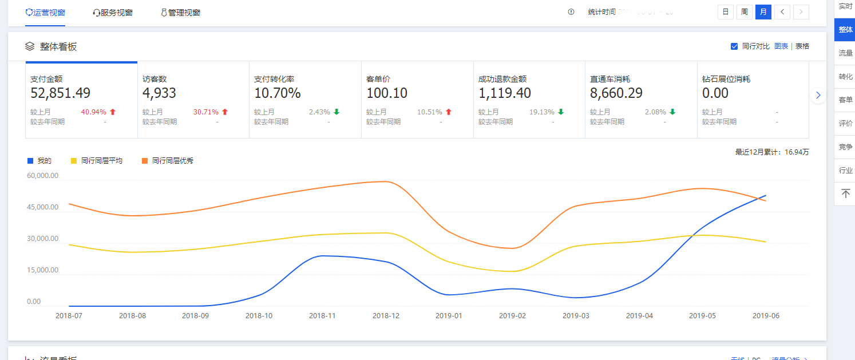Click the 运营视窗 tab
pyautogui.click(x=45, y=12)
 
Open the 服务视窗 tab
pyautogui.click(x=113, y=12)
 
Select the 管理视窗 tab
pyautogui.click(x=181, y=12)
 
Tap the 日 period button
pyautogui.click(x=725, y=11)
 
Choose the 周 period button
pyautogui.click(x=744, y=11)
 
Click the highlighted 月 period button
pyautogui.click(x=763, y=11)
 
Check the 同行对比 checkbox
pyautogui.click(x=734, y=46)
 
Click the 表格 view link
pyautogui.click(x=802, y=46)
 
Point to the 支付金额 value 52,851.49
pyautogui.click(x=60, y=93)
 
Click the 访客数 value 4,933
pyautogui.click(x=159, y=93)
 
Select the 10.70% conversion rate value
pyautogui.click(x=277, y=93)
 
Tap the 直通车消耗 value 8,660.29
pyautogui.click(x=616, y=93)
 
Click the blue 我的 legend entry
pyautogui.click(x=39, y=161)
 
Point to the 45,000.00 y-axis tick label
pyautogui.click(x=42, y=207)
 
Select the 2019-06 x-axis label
pyautogui.click(x=765, y=315)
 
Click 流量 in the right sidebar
pyautogui.click(x=845, y=53)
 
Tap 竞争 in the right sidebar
pyautogui.click(x=845, y=147)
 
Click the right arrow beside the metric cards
pyautogui.click(x=818, y=95)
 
